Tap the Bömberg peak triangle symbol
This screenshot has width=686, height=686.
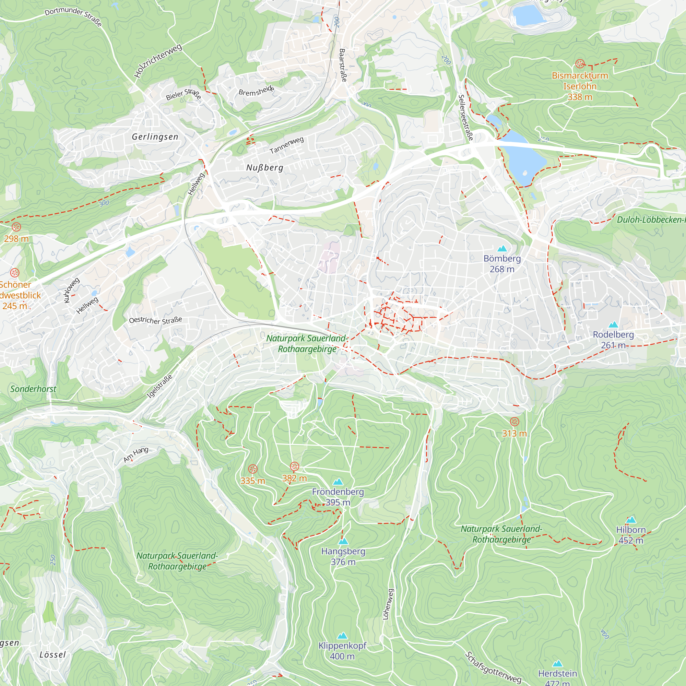click(502, 249)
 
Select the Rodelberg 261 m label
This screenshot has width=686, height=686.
click(613, 340)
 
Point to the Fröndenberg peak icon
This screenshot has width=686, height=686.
click(338, 482)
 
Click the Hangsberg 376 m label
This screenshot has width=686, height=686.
click(343, 556)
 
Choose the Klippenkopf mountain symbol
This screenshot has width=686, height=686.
click(342, 636)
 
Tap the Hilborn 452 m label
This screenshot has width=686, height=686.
click(631, 535)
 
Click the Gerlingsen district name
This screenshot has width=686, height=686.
click(155, 137)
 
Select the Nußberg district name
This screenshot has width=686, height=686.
click(264, 168)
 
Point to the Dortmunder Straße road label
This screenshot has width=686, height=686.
click(73, 16)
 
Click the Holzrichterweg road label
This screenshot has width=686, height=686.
click(158, 61)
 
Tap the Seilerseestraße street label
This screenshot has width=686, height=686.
click(465, 118)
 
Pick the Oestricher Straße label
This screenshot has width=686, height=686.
click(155, 320)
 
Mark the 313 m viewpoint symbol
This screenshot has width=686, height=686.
click(514, 422)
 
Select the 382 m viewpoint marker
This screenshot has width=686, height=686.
click(294, 466)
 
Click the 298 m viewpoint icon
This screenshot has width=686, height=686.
click(16, 227)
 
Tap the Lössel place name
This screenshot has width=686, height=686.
click(52, 655)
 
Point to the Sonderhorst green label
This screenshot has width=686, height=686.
click(33, 389)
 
